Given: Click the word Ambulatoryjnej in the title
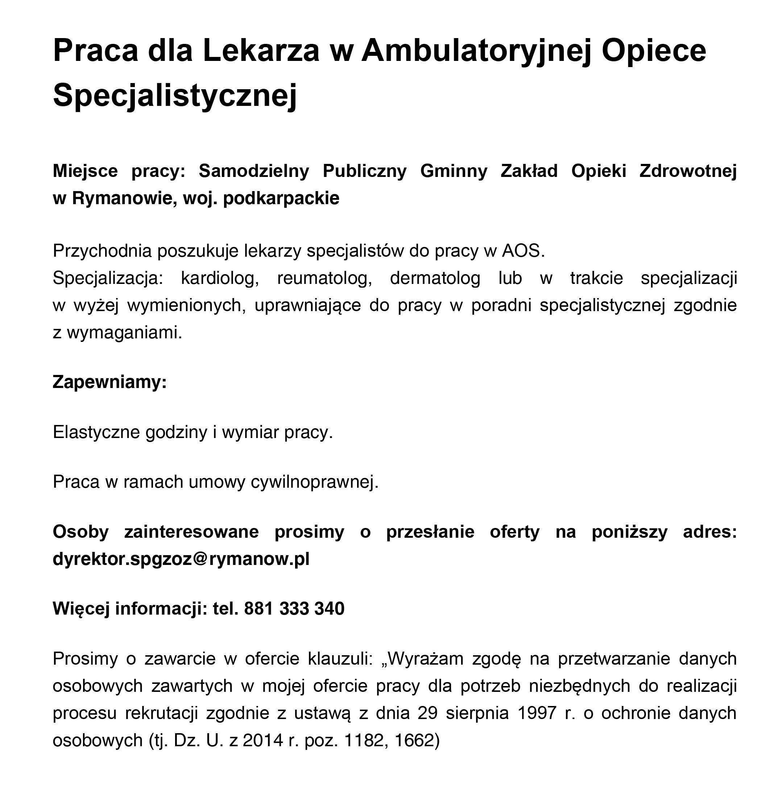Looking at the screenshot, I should (x=476, y=51).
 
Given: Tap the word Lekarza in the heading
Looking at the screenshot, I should (x=261, y=51).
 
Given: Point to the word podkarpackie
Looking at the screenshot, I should (x=281, y=198).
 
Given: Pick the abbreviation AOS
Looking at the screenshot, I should (x=523, y=251).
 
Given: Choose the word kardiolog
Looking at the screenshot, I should (x=220, y=278).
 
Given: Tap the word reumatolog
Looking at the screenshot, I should (x=324, y=278).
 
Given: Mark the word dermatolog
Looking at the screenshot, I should (x=435, y=278).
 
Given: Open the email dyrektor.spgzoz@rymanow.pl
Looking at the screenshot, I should (x=181, y=559).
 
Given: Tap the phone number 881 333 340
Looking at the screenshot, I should (x=294, y=609).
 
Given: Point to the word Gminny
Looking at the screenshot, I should (x=453, y=171).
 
